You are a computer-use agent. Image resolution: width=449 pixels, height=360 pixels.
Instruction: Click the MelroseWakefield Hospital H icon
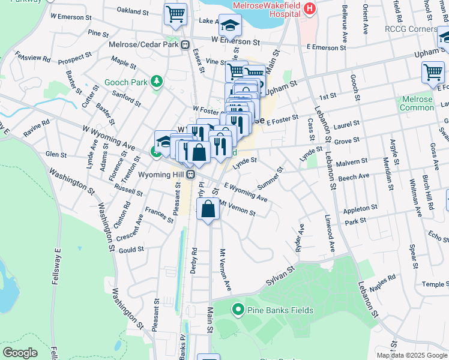[x=310, y=8]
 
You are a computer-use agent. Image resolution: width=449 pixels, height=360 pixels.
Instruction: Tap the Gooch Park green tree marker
[x=157, y=80]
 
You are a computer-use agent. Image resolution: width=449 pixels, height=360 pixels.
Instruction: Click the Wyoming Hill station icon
[x=190, y=174]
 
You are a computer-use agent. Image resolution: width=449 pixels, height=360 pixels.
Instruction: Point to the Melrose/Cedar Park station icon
[x=185, y=44]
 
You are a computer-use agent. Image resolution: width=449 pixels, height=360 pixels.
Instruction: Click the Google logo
[x=20, y=353]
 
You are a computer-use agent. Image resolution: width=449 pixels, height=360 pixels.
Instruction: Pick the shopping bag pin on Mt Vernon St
[x=208, y=209]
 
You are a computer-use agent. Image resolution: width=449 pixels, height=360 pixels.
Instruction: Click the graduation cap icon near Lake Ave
[x=230, y=25]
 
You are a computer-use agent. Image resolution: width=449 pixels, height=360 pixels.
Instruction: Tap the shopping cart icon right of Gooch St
[x=433, y=72]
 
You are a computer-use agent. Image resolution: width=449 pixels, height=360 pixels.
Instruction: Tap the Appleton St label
[x=360, y=209]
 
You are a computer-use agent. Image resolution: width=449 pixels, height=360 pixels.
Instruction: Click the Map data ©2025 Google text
[x=412, y=355]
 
